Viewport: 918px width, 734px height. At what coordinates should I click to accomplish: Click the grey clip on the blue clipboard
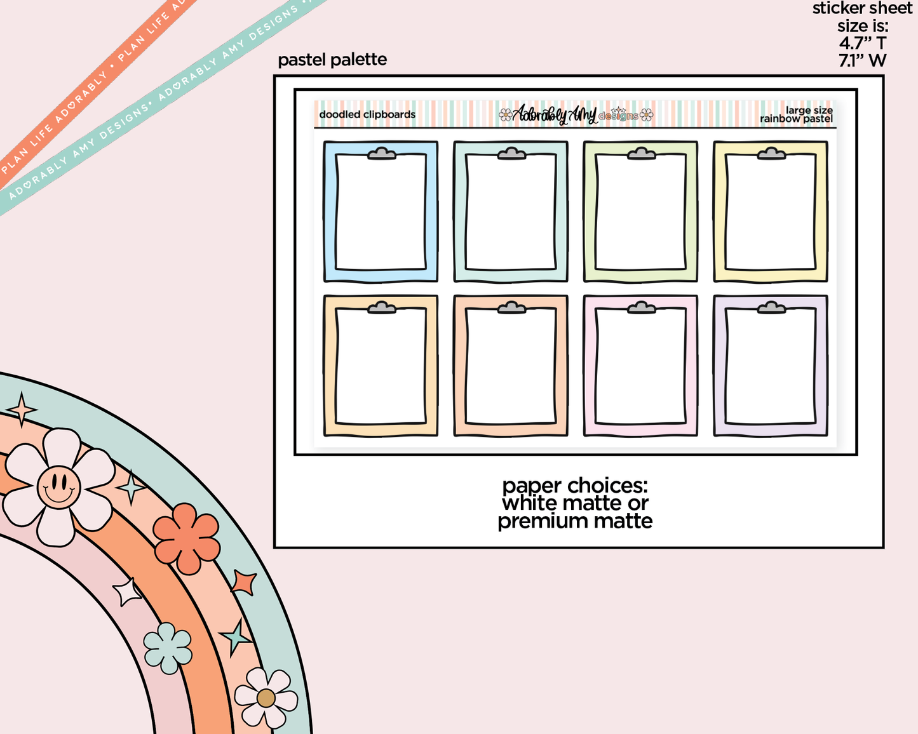382,154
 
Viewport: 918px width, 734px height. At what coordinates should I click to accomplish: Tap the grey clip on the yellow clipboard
771,154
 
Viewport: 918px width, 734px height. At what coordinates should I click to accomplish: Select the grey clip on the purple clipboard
771,307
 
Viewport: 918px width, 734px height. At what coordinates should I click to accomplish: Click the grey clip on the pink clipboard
642,307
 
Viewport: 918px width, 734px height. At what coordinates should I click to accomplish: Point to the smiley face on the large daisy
59,487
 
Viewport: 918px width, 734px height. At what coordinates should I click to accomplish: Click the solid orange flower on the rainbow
186,538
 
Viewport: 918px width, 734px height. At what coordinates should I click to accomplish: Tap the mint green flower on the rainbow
168,648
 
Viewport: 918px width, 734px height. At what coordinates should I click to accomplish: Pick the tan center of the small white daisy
266,698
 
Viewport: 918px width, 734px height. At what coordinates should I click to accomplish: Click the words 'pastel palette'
332,60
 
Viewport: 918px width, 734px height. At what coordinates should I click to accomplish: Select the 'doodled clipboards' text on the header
367,114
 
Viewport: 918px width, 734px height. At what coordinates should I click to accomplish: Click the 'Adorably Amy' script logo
554,114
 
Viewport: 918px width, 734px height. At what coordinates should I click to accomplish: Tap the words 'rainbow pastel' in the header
796,119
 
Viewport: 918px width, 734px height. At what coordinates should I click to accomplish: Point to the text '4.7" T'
862,43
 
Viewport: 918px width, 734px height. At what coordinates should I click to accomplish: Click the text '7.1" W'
862,60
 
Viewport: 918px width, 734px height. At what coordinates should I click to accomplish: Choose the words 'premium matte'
574,521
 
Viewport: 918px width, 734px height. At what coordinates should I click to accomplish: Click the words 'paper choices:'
574,485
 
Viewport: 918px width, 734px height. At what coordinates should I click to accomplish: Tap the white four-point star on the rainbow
126,592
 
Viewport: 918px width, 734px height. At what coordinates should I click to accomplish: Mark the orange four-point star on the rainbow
243,582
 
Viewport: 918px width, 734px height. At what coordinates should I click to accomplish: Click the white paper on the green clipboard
641,212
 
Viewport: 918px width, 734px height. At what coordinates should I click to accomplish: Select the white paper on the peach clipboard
511,366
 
